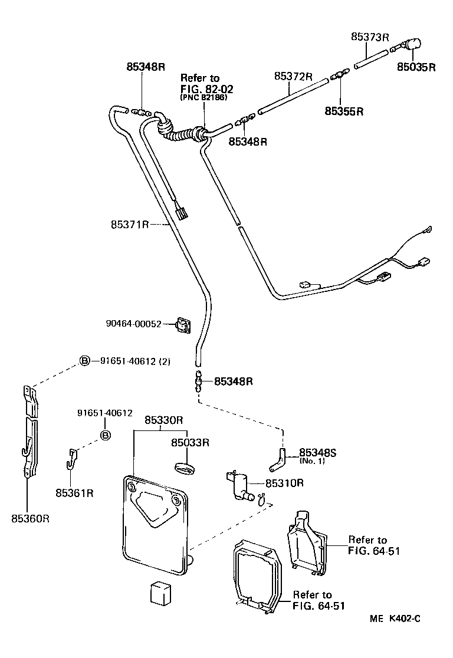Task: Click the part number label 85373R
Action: point(370,37)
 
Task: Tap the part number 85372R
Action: point(293,77)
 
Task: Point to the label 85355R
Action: point(344,110)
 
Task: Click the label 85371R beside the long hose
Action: point(130,225)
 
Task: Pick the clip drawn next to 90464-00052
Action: point(185,324)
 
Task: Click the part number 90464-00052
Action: point(133,324)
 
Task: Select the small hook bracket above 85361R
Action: point(71,458)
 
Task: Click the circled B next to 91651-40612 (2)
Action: point(86,361)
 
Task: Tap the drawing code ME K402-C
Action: point(395,618)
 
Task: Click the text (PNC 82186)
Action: point(203,97)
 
